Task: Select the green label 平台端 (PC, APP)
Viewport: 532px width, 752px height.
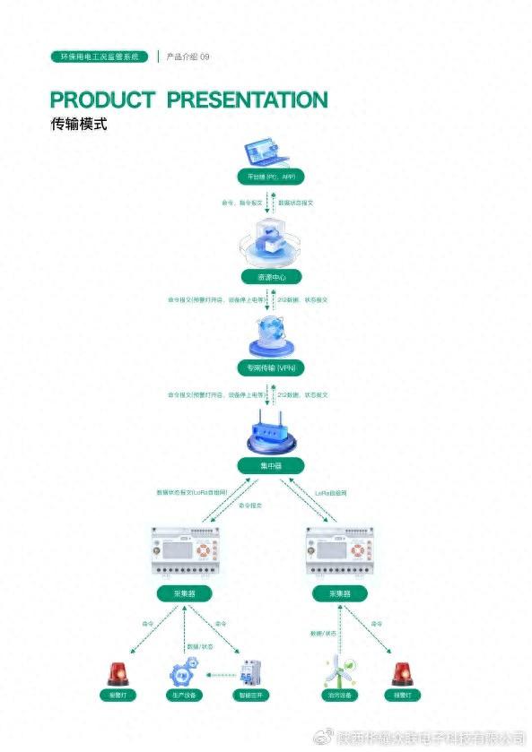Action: coord(270,177)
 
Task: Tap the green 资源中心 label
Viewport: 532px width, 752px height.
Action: coord(270,277)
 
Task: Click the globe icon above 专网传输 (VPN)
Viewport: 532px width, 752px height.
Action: coord(270,340)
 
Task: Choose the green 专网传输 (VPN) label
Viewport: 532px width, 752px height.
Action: coord(270,368)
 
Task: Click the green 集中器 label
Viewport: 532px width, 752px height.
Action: coord(270,465)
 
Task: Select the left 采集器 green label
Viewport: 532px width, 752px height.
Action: coord(185,593)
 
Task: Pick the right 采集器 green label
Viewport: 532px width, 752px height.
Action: coord(340,593)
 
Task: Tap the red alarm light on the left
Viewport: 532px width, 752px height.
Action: coord(118,673)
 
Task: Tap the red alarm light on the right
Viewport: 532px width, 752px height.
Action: coord(402,673)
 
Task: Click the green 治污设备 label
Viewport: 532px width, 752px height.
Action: coord(335,696)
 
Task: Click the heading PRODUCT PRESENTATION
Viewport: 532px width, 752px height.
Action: coord(188,99)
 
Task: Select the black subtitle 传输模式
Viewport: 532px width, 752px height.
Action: coord(79,125)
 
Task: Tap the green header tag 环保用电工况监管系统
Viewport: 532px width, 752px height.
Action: coord(100,56)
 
